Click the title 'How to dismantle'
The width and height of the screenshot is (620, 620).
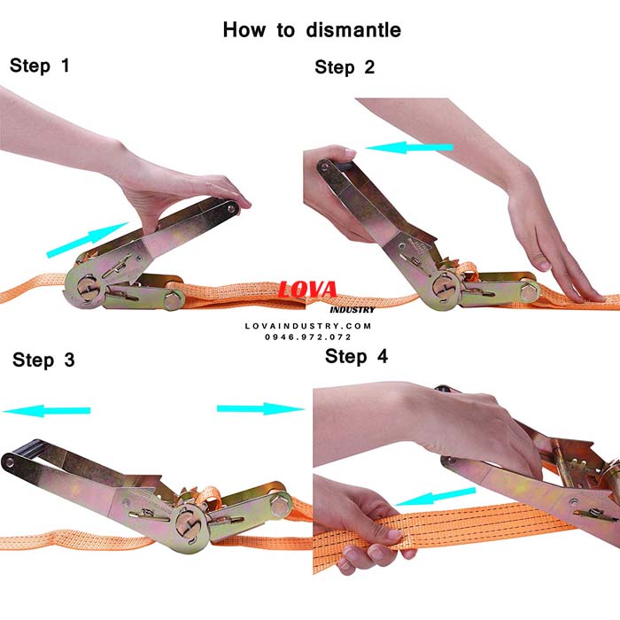(x=312, y=30)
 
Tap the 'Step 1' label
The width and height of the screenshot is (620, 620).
(x=40, y=66)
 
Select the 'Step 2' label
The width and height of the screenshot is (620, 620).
(x=345, y=67)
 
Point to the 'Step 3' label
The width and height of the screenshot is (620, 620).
(x=43, y=360)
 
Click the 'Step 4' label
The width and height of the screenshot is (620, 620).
(x=356, y=356)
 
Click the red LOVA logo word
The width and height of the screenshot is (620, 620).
(x=307, y=290)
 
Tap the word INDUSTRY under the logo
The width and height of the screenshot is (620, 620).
(x=353, y=310)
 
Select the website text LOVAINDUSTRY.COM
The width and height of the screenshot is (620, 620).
(x=308, y=326)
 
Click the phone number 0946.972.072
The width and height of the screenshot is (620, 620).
(x=308, y=337)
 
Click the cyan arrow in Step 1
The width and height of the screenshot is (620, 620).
(x=87, y=240)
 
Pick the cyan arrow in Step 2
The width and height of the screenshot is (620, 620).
(x=409, y=148)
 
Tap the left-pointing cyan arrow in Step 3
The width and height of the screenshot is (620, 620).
(x=47, y=411)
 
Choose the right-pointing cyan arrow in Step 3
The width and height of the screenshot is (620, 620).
(x=260, y=409)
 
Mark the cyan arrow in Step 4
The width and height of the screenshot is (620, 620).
(x=435, y=497)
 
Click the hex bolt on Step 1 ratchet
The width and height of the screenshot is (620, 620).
(x=173, y=299)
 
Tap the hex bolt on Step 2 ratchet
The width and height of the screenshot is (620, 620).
(x=529, y=291)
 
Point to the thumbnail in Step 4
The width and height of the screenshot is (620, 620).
(x=393, y=535)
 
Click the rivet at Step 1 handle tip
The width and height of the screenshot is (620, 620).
(x=230, y=206)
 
